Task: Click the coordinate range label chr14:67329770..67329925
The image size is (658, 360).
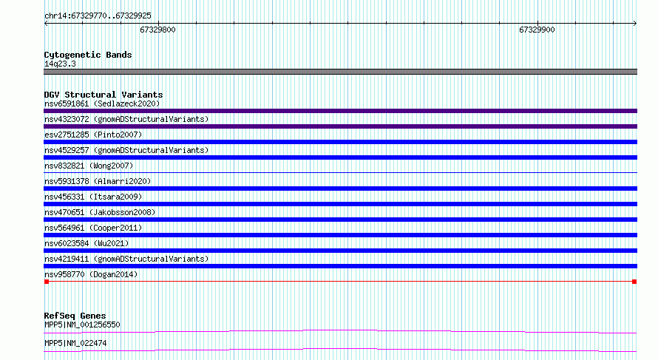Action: tap(98, 16)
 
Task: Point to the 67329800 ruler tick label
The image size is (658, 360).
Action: tap(157, 30)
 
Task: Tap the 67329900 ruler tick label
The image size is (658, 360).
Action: tap(537, 30)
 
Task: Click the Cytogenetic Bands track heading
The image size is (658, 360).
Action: tap(88, 55)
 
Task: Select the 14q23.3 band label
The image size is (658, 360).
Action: tap(60, 64)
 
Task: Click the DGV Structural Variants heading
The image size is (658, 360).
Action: tap(104, 95)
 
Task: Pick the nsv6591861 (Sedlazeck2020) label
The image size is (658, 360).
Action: tap(102, 103)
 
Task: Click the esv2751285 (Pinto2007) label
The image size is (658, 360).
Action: tap(93, 135)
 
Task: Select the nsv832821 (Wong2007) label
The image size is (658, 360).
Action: tap(89, 166)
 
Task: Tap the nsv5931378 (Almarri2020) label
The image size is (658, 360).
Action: tap(98, 181)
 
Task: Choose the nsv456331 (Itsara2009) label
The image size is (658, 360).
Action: tap(93, 197)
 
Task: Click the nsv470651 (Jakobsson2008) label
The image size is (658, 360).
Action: tap(100, 212)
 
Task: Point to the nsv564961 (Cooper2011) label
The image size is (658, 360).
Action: tap(93, 228)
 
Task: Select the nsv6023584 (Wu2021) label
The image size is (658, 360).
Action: tap(87, 243)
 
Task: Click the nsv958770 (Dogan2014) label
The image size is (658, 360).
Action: tap(91, 274)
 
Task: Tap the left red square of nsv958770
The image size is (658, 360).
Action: tap(47, 282)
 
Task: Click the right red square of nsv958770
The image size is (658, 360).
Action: tap(634, 282)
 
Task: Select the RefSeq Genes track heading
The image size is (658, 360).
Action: tap(75, 316)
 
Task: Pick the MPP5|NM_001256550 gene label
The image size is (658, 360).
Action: tap(82, 325)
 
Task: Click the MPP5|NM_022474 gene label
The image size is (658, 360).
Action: tap(75, 343)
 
